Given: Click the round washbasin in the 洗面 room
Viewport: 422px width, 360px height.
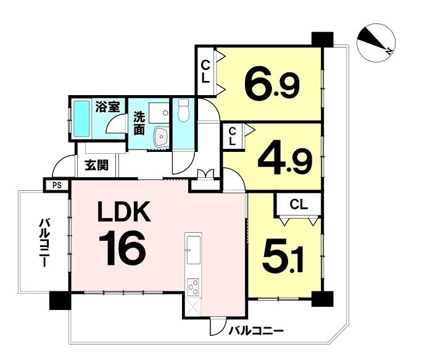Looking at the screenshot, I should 161,136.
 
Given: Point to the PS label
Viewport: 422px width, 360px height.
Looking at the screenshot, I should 57,185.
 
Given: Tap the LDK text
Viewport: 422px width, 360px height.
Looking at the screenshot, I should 123,213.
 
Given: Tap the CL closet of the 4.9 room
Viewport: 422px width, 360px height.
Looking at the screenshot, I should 232,136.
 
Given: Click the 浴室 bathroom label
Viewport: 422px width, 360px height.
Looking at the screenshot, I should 107,107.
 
